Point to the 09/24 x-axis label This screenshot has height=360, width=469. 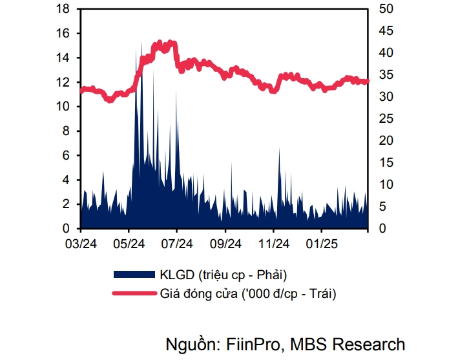pyautogui.click(x=225, y=244)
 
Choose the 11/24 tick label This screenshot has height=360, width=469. pyautogui.click(x=273, y=244)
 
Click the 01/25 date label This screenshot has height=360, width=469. pyautogui.click(x=321, y=244)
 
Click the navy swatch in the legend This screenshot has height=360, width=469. pyautogui.click(x=134, y=273)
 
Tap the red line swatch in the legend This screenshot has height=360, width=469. pyautogui.click(x=134, y=293)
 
